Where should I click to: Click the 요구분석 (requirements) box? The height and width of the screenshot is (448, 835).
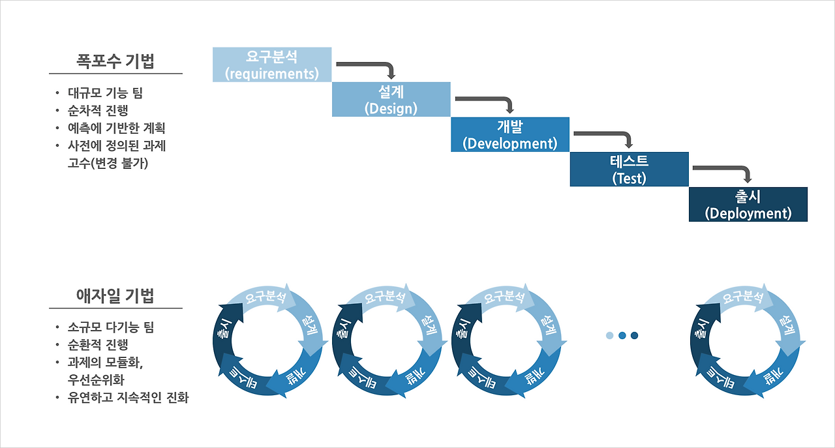tap(272, 65)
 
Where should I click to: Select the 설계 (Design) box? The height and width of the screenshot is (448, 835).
tap(391, 99)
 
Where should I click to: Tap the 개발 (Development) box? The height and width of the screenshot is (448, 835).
tap(510, 134)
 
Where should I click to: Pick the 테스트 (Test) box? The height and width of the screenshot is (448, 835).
tap(629, 169)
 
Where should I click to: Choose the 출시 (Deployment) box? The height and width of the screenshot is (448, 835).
tap(748, 204)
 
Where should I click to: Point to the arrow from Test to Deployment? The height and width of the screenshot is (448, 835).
tap(724, 170)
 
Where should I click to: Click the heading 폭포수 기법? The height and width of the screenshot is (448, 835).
tap(115, 62)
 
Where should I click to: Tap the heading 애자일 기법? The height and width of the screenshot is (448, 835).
tap(115, 296)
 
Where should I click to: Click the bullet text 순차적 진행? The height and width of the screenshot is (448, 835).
tap(98, 110)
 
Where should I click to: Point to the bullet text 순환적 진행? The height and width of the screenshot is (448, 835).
tap(98, 344)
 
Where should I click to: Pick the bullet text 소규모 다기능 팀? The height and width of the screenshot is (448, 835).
tap(111, 327)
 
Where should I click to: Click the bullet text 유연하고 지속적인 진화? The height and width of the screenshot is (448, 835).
tap(128, 397)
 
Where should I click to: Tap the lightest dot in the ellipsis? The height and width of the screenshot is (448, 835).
tap(609, 335)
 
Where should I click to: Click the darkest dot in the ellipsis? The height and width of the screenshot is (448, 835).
tap(634, 335)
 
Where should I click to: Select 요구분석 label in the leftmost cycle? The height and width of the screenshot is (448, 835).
tap(265, 297)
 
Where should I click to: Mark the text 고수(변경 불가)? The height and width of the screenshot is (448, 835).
tap(108, 163)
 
